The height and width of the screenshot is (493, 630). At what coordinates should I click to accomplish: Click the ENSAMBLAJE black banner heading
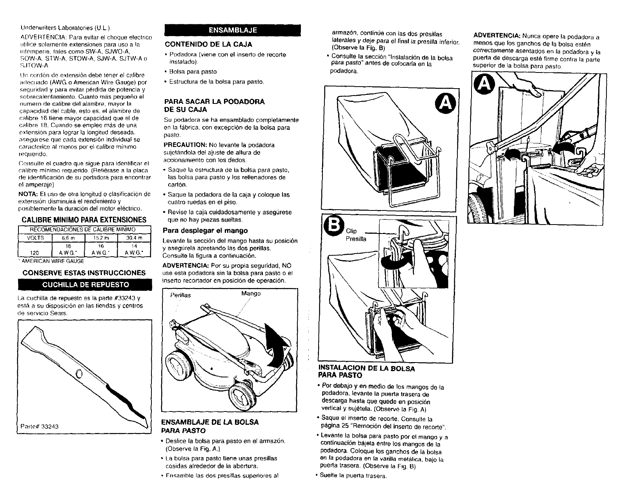point(233,30)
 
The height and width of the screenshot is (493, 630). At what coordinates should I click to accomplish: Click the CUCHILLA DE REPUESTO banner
point(84,284)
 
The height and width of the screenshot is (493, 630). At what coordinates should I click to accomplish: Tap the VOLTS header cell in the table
point(35,238)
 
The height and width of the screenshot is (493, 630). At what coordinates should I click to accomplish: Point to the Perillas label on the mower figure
point(181,295)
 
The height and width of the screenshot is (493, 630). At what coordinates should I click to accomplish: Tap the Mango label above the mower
point(251,293)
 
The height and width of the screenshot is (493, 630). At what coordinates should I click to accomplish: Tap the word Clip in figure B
point(351,231)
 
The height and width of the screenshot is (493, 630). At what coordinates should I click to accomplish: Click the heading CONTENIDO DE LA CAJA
point(208,44)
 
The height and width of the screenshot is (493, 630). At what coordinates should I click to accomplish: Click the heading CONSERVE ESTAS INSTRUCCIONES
point(84,273)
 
